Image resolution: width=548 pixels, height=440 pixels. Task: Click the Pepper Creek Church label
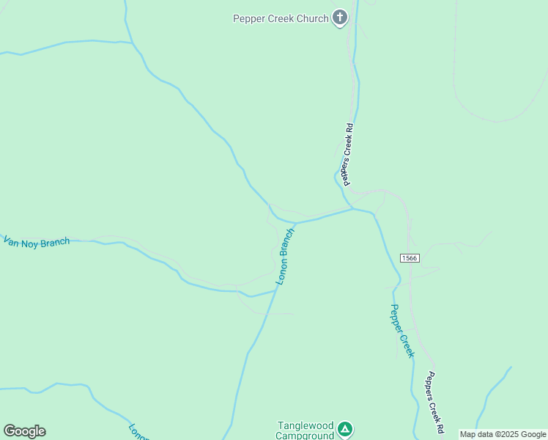[x=281, y=18]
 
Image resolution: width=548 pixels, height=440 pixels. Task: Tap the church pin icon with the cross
[x=339, y=17]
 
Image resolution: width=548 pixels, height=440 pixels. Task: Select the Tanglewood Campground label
[x=305, y=430]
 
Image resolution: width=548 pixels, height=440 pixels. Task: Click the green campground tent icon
[x=346, y=429]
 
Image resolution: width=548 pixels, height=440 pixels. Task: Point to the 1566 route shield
[x=409, y=257]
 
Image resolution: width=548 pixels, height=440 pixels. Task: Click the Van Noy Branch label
[x=37, y=241]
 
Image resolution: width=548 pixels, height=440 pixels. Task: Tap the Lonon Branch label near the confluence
[x=285, y=257]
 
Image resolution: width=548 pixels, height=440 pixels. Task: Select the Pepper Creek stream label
[x=401, y=331]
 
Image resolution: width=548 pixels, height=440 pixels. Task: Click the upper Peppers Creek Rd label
[x=347, y=153]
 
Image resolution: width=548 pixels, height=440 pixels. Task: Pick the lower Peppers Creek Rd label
[x=435, y=402]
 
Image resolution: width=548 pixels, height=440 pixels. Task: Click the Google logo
[x=24, y=431]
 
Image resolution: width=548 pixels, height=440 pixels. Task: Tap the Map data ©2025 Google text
[x=503, y=435]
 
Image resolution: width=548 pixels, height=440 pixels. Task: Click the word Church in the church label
[x=312, y=18]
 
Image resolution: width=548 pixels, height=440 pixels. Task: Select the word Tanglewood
[x=305, y=425]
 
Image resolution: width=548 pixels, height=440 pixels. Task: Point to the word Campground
[x=305, y=436]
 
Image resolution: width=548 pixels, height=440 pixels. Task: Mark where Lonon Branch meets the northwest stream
[x=296, y=221]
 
